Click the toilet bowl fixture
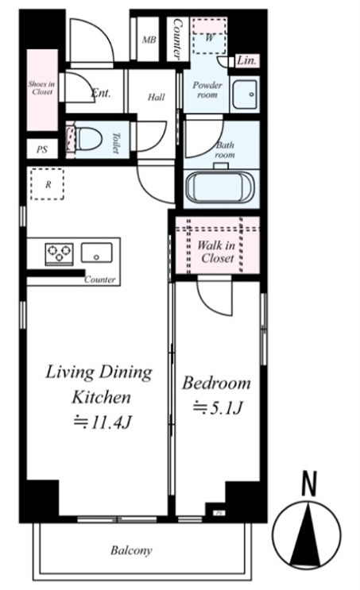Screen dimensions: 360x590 click(88, 138)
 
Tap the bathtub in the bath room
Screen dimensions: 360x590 click(219, 187)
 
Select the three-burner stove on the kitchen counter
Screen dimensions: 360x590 click(60, 253)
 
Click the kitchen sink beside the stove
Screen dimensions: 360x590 click(97, 253)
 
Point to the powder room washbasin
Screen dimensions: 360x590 click(245, 94)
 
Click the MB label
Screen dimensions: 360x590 click(149, 40)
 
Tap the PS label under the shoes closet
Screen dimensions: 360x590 click(42, 149)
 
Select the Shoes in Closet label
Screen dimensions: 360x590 click(42, 87)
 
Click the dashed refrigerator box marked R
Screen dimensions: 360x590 click(47, 184)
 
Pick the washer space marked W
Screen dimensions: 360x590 click(210, 36)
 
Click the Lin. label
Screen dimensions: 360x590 click(247, 60)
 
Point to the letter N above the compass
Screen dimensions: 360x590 click(309, 484)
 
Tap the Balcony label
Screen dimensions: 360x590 click(131, 550)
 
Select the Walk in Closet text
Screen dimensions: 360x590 click(216, 252)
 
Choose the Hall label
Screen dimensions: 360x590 click(157, 97)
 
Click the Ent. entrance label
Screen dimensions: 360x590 click(101, 93)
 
